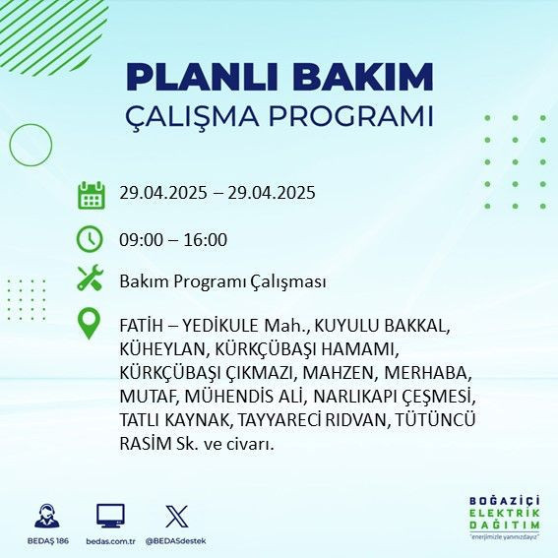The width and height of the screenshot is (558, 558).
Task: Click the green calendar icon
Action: (x=91, y=194)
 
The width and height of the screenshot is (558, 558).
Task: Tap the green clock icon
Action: (x=91, y=239)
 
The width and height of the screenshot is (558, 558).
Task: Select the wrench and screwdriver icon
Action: (x=91, y=279)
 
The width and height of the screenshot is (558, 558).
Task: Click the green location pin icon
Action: (x=91, y=324)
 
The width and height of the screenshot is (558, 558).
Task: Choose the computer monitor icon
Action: (x=110, y=516)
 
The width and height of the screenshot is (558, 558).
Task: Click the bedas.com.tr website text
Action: (x=110, y=541)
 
